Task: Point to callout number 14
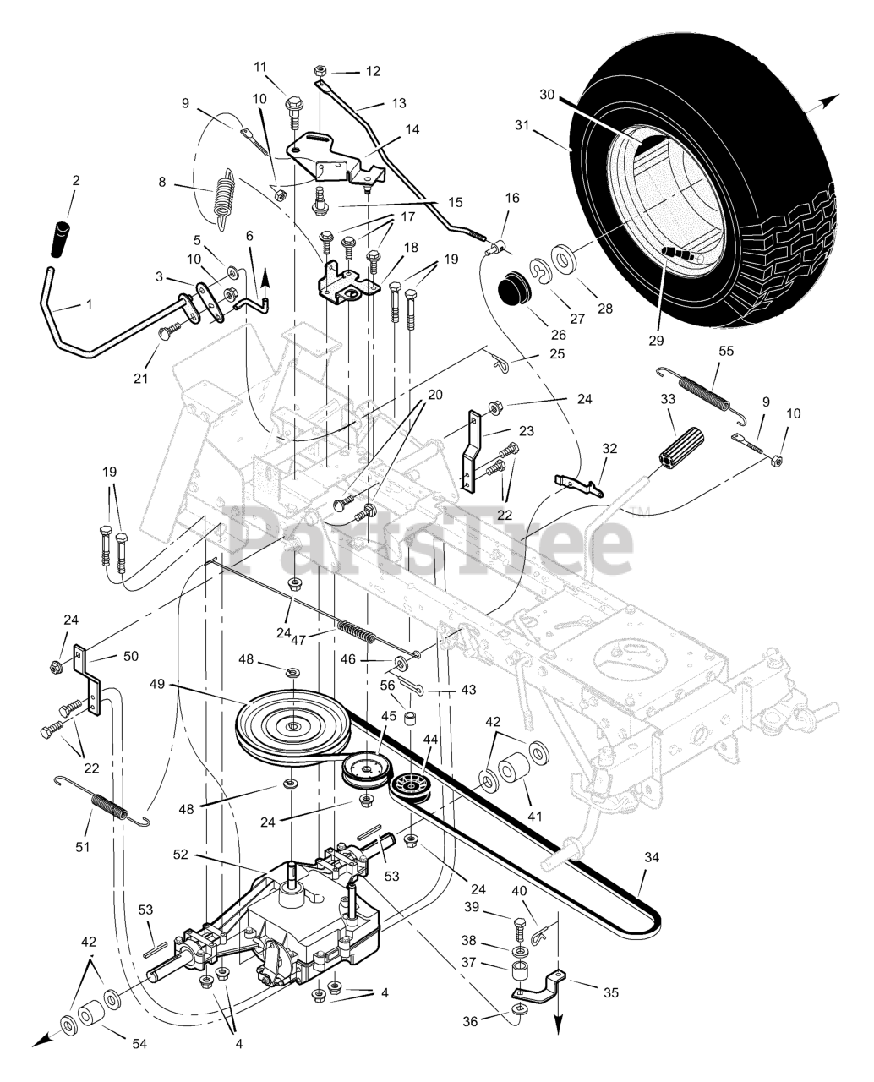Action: pos(412,130)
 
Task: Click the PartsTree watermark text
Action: pos(431,538)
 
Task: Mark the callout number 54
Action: pos(139,1045)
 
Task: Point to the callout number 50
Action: pos(131,655)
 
